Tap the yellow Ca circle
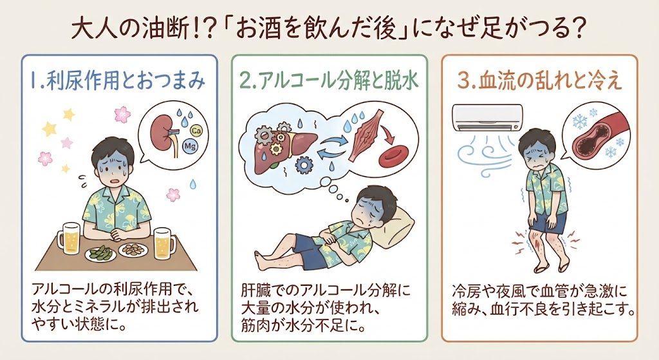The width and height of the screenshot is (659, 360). pyautogui.click(x=196, y=130)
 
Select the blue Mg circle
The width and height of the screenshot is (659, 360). pyautogui.click(x=189, y=146)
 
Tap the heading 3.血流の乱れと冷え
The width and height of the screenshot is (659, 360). pyautogui.click(x=540, y=80)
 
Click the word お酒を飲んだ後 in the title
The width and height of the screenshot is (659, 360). pyautogui.click(x=315, y=30)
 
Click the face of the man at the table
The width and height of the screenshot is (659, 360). pyautogui.click(x=112, y=163)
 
